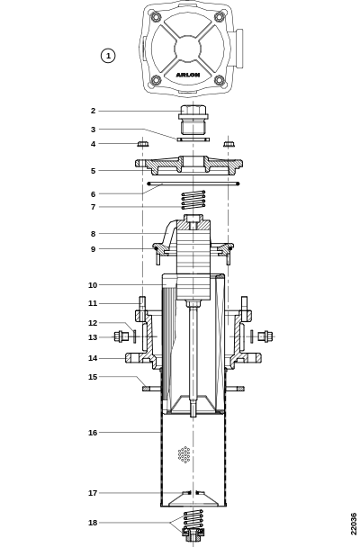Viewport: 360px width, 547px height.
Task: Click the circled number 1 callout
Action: point(108,56)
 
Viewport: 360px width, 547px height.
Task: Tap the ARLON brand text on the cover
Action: point(188,75)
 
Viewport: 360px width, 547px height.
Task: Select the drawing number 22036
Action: point(354,524)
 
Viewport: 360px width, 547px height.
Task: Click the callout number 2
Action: point(93,111)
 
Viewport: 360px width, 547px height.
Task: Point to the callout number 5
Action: point(93,171)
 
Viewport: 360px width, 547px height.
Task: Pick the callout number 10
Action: point(93,285)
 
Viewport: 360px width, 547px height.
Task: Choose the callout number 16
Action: point(93,433)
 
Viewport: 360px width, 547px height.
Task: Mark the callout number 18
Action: point(93,523)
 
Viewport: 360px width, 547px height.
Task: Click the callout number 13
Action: point(93,337)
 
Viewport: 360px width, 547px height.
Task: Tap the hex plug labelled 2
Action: point(193,119)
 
